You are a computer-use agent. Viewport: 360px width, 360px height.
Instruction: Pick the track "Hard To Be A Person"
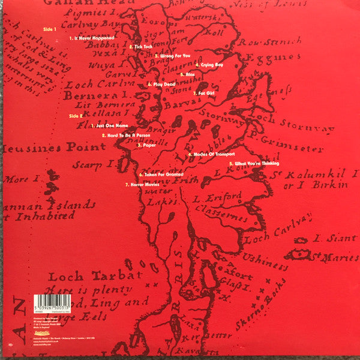tap(127, 136)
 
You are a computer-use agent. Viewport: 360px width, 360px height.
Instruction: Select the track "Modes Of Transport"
tap(211, 154)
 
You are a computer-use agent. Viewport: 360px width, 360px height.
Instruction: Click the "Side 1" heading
tap(50, 29)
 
